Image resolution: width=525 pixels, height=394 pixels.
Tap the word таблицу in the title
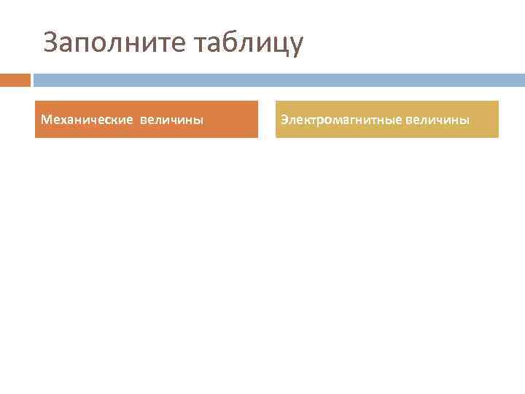[x=248, y=43]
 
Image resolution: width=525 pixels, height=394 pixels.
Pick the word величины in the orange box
[x=171, y=119]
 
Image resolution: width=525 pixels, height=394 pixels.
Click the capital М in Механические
[x=46, y=119]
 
